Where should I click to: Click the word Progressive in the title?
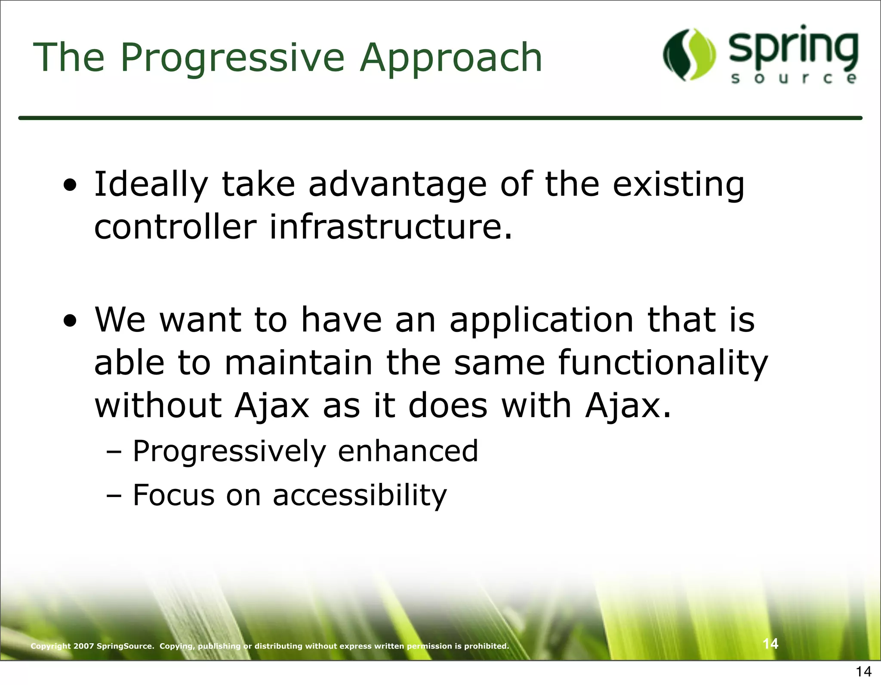tap(232, 58)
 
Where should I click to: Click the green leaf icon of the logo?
tap(690, 55)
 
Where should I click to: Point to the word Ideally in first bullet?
tap(151, 185)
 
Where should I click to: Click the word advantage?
tap(397, 185)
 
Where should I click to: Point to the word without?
tap(158, 406)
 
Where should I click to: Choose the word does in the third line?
tap(447, 406)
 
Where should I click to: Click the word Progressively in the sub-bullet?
tap(229, 452)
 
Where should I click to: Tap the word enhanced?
tap(408, 451)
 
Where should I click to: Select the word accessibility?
tap(360, 495)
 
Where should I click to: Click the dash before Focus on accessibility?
tap(114, 496)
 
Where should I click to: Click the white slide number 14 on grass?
tap(770, 644)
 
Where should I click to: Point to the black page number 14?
tap(863, 672)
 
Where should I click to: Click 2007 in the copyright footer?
tap(83, 646)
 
